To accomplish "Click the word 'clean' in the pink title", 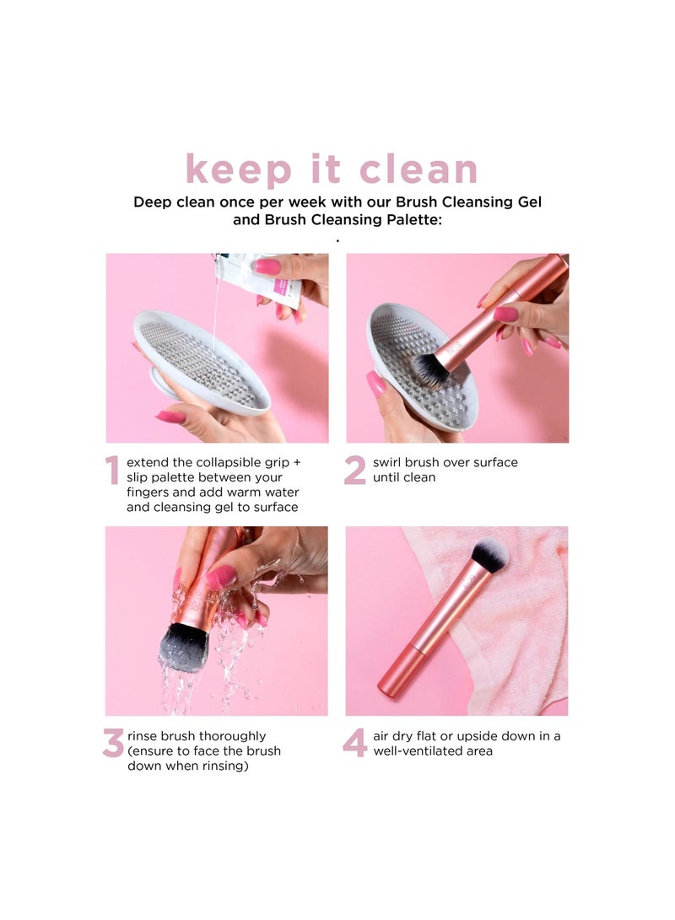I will [x=418, y=169].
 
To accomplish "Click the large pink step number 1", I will [x=112, y=471].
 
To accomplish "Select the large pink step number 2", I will [x=354, y=471].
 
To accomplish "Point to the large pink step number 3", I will [x=113, y=743].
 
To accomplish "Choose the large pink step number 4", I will [x=354, y=743].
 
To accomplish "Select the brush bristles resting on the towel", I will [x=489, y=554].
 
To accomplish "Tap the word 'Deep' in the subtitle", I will [x=153, y=202].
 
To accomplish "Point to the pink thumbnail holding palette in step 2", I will [x=376, y=384].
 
